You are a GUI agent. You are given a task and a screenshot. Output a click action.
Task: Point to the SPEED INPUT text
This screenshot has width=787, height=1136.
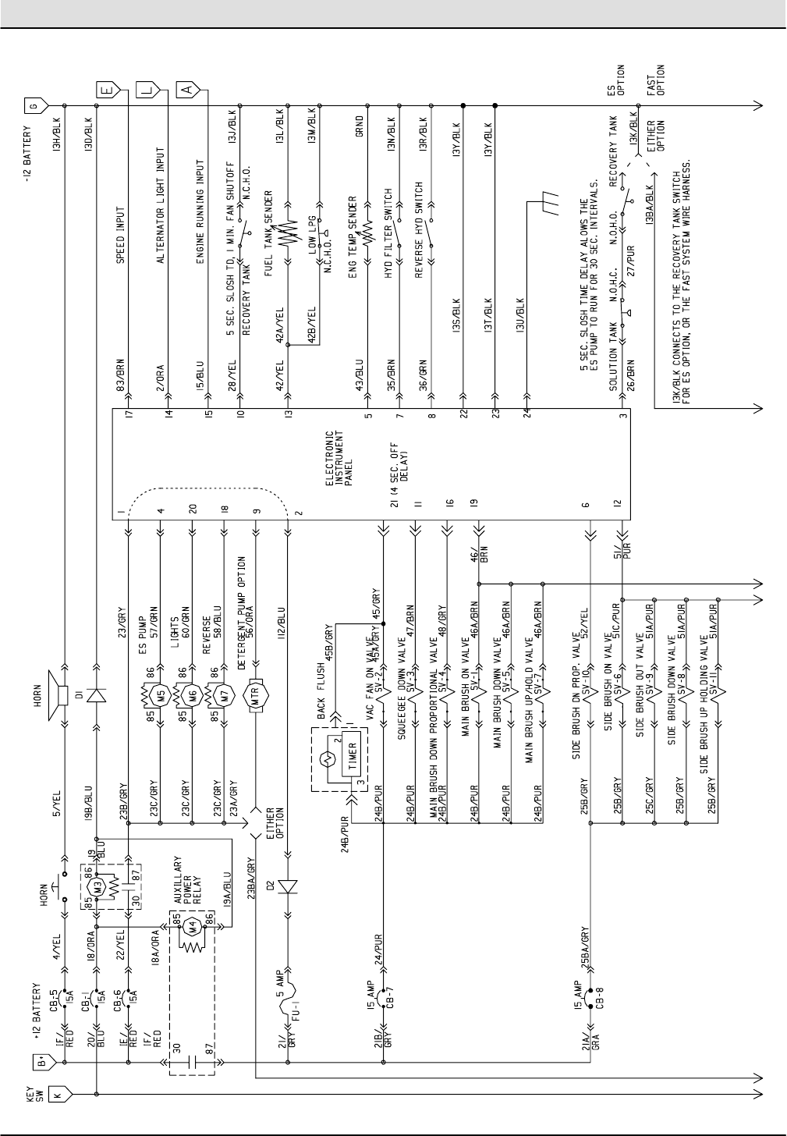click(121, 235)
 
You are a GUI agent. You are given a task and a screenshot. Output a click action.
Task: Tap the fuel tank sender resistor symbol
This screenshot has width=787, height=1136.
click(288, 233)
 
